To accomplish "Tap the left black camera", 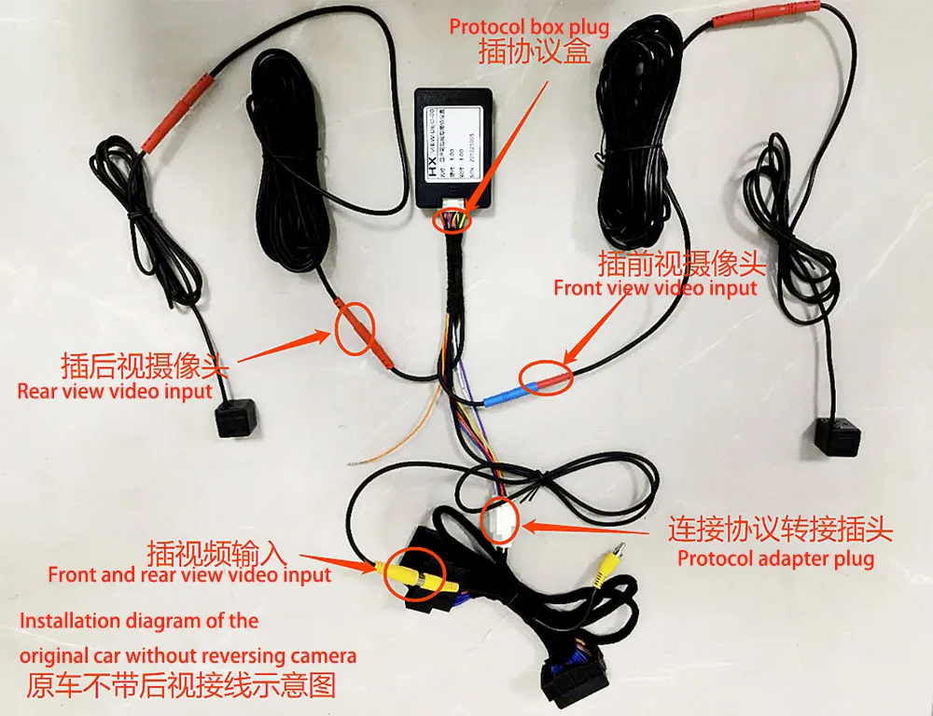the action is pyautogui.click(x=234, y=420).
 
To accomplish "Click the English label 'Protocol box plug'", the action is pyautogui.click(x=529, y=27).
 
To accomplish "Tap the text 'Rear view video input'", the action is pyautogui.click(x=115, y=391).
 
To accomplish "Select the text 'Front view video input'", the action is pyautogui.click(x=655, y=288).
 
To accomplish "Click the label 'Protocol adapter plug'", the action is pyautogui.click(x=775, y=559).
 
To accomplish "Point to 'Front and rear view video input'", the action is pyautogui.click(x=189, y=575).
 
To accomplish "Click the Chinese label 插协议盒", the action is pyautogui.click(x=534, y=52).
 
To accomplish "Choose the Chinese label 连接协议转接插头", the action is pyautogui.click(x=780, y=530).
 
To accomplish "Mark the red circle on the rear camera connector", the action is pyautogui.click(x=355, y=327).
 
